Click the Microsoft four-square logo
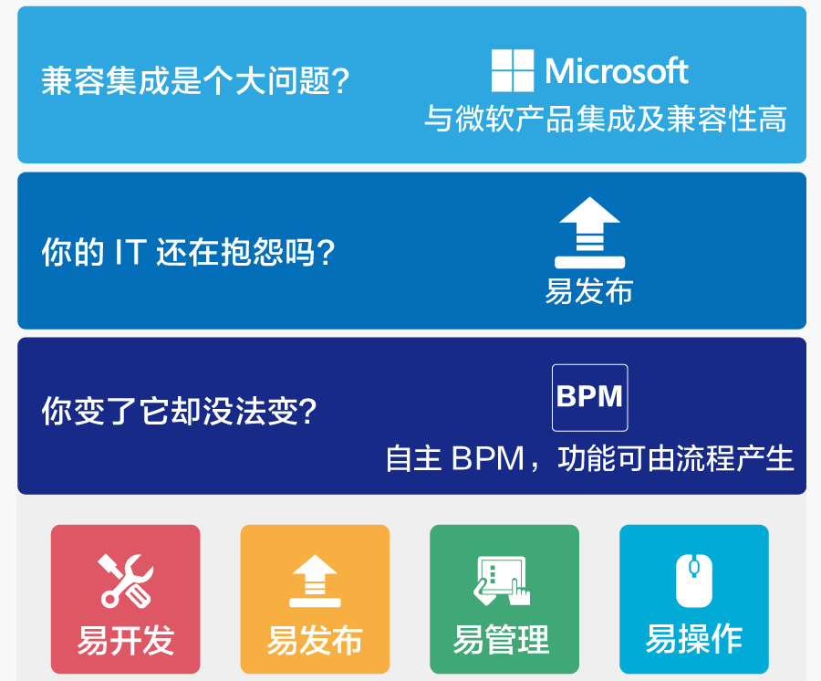click(513, 70)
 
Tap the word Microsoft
click(617, 70)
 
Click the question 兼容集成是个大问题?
click(195, 80)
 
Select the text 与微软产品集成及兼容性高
click(606, 119)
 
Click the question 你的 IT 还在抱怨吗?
click(188, 252)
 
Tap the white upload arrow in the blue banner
click(589, 233)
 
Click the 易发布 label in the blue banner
click(589, 290)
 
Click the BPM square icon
click(589, 398)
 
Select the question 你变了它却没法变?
click(180, 411)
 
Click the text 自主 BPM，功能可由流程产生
click(589, 458)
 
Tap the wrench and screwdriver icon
click(126, 581)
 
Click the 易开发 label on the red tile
click(126, 640)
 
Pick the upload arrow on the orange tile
click(315, 581)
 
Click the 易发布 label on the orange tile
click(315, 640)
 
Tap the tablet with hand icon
click(502, 581)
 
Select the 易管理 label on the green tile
click(502, 640)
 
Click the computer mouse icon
click(694, 581)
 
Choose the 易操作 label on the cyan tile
click(694, 639)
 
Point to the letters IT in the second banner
click(130, 252)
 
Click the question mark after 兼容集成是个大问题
click(340, 80)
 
